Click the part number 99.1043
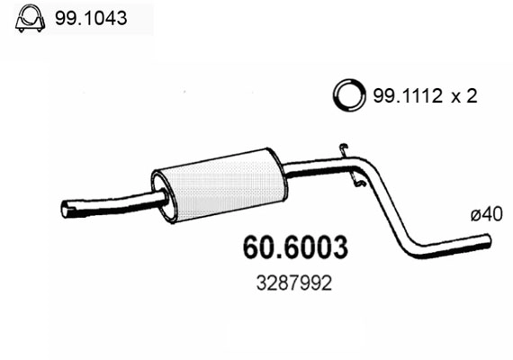90,18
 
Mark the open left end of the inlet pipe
66,211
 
